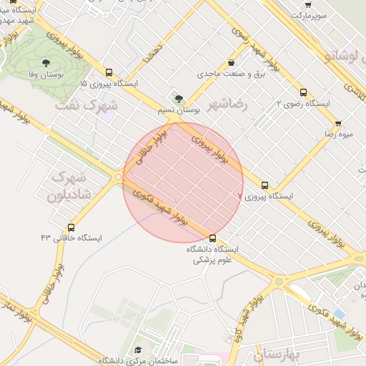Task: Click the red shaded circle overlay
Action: coord(183,182)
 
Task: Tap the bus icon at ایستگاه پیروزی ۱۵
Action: coord(109,72)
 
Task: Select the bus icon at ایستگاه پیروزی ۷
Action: coord(265,184)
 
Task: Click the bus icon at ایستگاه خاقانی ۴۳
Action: coord(70,227)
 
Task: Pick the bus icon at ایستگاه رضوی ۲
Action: coord(304,92)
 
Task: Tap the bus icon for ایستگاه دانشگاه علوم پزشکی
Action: coord(212,238)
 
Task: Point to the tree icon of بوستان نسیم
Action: coord(179,99)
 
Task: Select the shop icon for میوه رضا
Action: coord(337,123)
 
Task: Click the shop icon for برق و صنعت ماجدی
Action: coord(231,62)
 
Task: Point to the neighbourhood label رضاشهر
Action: coord(227,104)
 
